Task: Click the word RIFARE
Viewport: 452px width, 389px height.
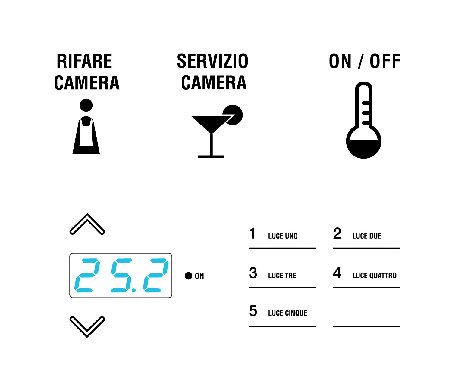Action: coord(84,61)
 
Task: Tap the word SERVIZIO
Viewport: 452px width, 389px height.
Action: coord(212,61)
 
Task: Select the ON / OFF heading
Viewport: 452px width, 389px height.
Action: coord(365,61)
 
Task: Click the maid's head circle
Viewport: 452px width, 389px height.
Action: coord(86,105)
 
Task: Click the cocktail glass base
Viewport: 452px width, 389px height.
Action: coord(211,156)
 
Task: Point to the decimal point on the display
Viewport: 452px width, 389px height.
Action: coord(134,290)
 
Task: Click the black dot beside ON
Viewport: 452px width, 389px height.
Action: coord(189,276)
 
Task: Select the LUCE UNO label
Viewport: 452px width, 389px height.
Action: coord(283,236)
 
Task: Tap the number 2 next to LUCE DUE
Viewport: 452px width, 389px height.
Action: coord(337,233)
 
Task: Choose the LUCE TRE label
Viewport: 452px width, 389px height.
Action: coord(282,276)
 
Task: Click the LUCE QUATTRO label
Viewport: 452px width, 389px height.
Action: coord(374,276)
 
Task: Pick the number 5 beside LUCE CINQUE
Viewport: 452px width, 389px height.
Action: coord(253,311)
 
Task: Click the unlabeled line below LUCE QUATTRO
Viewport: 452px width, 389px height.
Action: coord(366,327)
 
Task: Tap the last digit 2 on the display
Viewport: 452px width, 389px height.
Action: coord(156,275)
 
